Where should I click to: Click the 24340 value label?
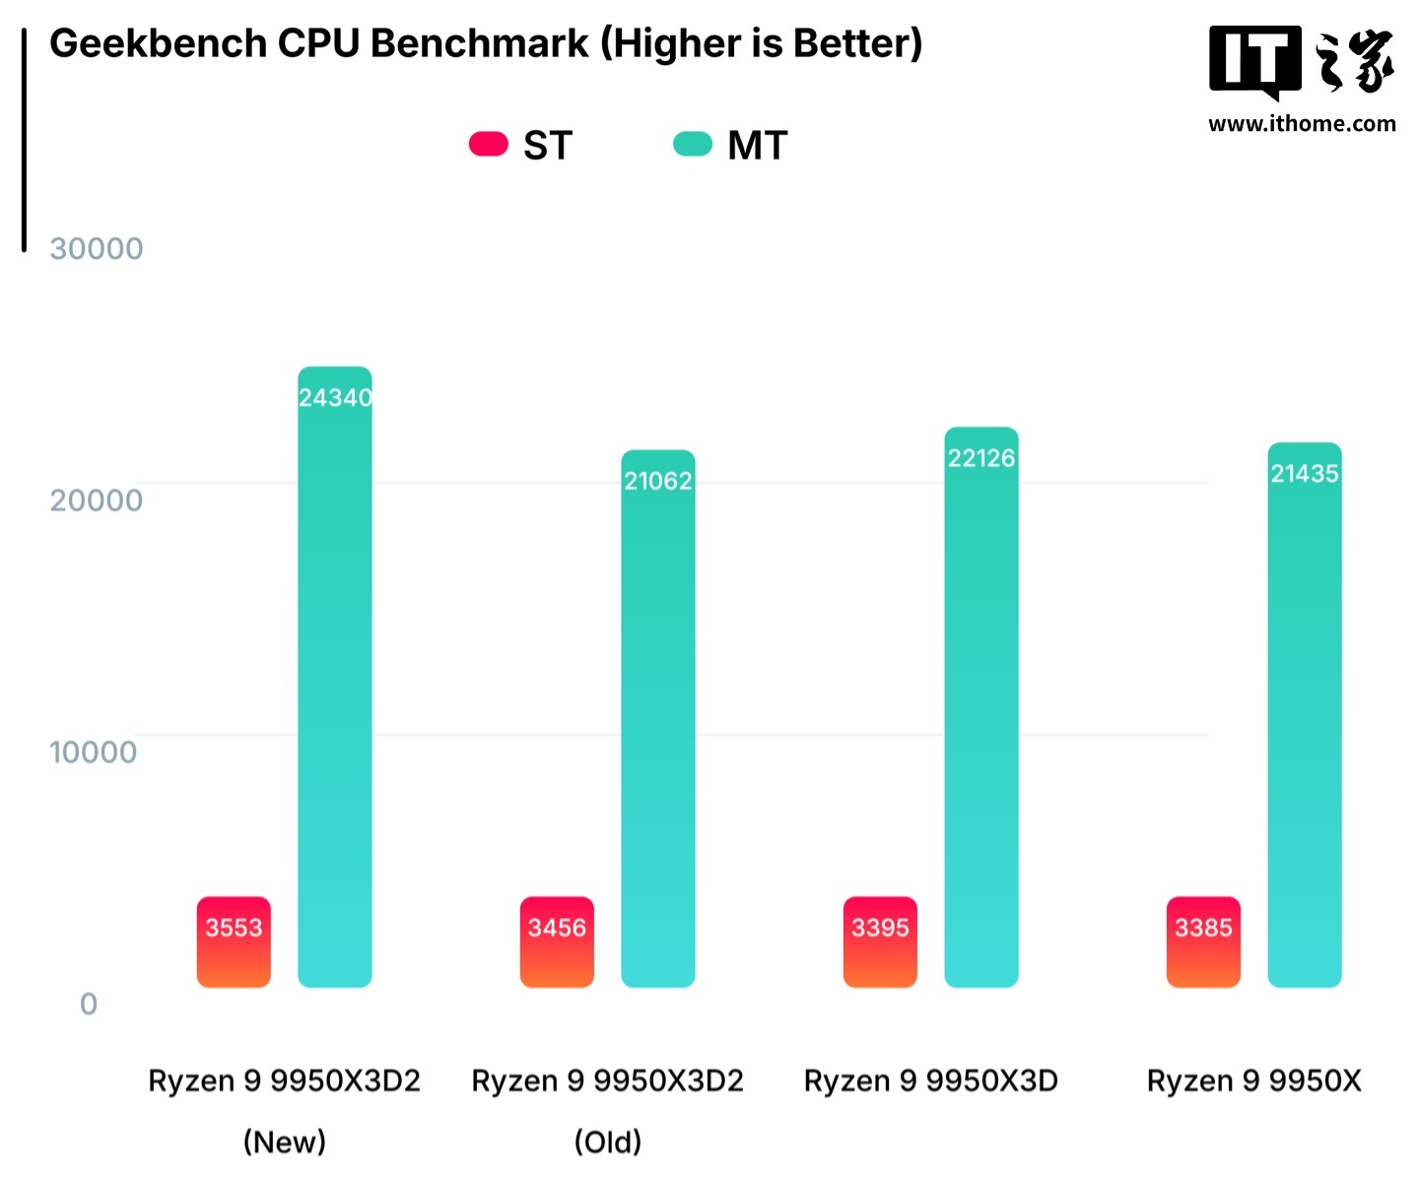coord(335,398)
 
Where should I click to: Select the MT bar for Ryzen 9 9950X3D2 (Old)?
coord(657,719)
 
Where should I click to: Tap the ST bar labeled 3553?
coord(234,943)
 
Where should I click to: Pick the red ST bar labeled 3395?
coord(880,943)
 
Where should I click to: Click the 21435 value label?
coord(1304,474)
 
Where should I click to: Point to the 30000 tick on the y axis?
coord(97,249)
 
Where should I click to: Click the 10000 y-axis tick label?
coord(94,753)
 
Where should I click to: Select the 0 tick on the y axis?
coord(89,1005)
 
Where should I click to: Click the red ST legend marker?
coord(488,145)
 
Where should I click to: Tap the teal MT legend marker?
coord(692,145)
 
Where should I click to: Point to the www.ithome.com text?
coord(1302,124)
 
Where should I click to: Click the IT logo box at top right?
coord(1254,61)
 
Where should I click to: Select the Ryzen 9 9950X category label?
coord(1253,1082)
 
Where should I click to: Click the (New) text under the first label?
coord(284,1143)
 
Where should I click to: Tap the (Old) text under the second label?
coord(607,1143)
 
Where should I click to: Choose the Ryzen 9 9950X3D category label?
coord(930,1082)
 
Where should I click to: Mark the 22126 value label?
coord(980,458)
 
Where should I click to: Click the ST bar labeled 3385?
coord(1203,943)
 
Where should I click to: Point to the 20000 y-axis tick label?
coord(97,500)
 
